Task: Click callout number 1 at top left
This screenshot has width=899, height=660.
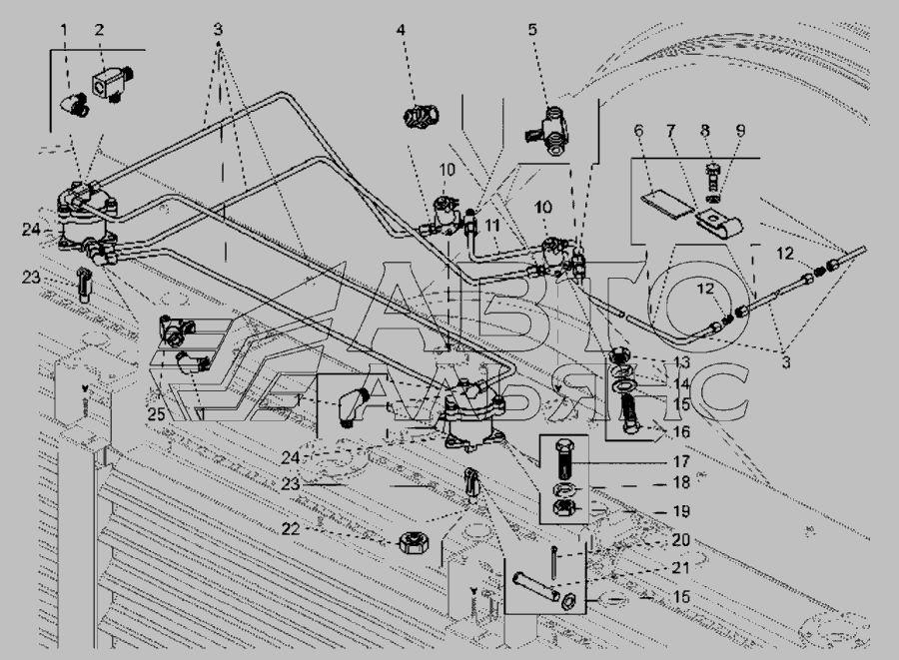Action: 64,29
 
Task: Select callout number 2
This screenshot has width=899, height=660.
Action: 99,29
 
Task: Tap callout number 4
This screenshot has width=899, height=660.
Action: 401,29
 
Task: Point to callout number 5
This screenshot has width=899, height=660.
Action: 532,29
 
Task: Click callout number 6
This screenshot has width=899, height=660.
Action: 638,131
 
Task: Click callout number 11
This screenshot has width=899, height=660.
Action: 491,227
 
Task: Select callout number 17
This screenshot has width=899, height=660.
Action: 681,461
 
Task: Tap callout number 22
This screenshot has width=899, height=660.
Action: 291,528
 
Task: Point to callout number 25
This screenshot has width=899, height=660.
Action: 156,413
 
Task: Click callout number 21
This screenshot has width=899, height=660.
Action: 680,568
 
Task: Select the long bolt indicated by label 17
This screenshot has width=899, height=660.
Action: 564,459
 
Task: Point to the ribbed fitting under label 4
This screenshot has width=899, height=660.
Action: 421,116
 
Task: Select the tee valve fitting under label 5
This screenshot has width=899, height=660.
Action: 547,130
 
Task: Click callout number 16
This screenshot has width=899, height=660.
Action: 681,431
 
